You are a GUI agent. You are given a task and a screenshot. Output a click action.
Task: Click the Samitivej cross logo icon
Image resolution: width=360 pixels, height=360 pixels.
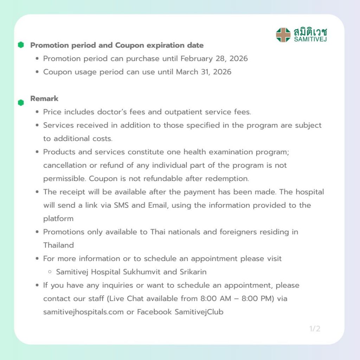click(283, 35)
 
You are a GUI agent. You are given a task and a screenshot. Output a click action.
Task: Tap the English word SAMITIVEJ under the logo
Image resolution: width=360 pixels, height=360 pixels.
click(310, 39)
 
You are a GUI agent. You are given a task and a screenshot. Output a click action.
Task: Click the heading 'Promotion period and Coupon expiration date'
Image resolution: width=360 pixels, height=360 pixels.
click(117, 45)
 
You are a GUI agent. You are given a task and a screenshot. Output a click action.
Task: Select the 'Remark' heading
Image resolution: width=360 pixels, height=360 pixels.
click(44, 98)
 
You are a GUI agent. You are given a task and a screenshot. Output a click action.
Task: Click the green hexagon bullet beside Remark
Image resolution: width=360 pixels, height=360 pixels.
click(21, 103)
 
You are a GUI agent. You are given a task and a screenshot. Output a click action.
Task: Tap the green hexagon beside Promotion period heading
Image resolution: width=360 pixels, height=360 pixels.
click(21, 45)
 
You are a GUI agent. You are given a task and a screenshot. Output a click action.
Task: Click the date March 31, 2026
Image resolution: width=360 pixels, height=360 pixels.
click(204, 72)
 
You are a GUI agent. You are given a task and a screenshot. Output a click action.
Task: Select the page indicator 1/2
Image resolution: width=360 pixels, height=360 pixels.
click(315, 329)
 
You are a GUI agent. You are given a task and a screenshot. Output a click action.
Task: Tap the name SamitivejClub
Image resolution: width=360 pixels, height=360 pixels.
click(199, 312)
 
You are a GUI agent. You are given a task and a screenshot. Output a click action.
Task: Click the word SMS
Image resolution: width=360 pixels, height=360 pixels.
click(121, 205)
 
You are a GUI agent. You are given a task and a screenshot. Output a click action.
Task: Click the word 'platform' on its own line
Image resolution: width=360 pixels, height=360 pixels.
click(58, 219)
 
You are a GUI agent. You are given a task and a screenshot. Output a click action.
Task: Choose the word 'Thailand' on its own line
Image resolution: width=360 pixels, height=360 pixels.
click(58, 245)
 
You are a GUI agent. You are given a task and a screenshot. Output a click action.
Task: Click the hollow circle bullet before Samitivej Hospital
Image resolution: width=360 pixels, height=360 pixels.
click(50, 272)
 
